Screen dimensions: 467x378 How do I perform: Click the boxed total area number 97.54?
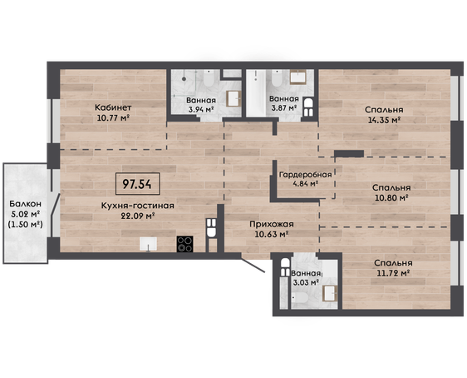click(x=137, y=184)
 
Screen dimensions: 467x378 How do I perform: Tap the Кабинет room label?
click(x=113, y=107)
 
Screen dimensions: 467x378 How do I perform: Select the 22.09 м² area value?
click(x=137, y=216)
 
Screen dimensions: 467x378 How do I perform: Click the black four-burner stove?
click(x=184, y=244)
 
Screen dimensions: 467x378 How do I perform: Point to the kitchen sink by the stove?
click(x=148, y=244)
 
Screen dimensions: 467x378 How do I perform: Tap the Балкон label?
click(x=25, y=204)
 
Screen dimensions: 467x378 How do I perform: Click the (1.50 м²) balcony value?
click(x=25, y=224)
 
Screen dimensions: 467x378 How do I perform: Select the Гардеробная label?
click(x=305, y=175)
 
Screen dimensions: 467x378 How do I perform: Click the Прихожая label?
click(x=272, y=224)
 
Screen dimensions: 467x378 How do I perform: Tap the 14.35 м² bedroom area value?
click(x=383, y=120)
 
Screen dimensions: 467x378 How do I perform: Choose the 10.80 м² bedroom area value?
click(x=391, y=197)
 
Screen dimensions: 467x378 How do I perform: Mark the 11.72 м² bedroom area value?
click(x=393, y=273)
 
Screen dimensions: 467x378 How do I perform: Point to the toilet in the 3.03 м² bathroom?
click(x=300, y=297)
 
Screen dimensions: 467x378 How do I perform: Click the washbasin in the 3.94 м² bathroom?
click(x=233, y=99)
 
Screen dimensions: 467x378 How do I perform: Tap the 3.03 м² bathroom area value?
click(x=306, y=282)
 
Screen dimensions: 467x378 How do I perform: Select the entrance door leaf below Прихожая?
click(x=253, y=266)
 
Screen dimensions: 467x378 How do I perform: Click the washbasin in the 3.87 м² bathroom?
click(x=297, y=77)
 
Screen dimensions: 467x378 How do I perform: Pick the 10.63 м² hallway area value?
click(x=272, y=234)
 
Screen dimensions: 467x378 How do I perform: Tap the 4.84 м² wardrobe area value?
click(x=305, y=184)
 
